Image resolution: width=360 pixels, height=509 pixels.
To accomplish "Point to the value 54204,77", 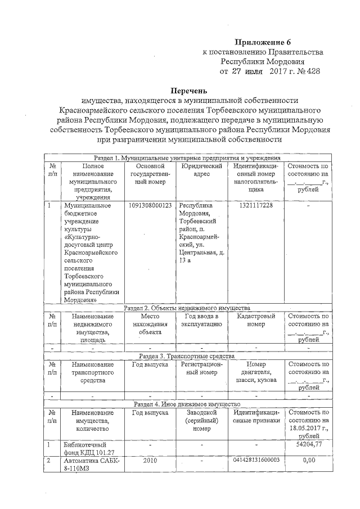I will pyautogui.click(x=308, y=444).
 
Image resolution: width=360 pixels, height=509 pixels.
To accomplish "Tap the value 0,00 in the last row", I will pyautogui.click(x=308, y=460).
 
